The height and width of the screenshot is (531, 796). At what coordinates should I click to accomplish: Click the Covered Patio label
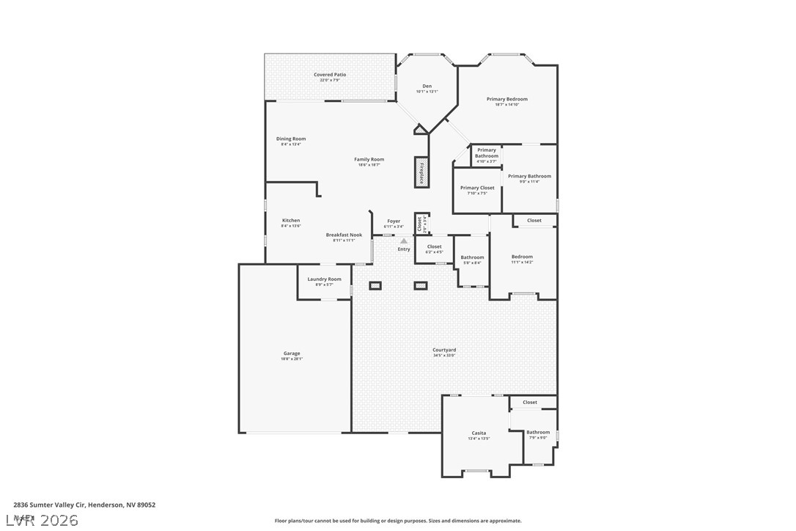tap(330, 75)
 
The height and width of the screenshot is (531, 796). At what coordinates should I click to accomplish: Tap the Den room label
tap(427, 87)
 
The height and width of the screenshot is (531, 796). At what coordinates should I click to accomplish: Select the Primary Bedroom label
tap(506, 99)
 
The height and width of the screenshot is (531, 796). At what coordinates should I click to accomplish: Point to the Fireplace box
tap(421, 172)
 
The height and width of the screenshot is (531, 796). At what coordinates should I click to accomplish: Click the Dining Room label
tap(291, 139)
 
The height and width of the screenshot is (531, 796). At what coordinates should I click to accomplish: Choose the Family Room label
tap(369, 159)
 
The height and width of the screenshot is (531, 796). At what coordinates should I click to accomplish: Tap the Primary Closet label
tap(477, 188)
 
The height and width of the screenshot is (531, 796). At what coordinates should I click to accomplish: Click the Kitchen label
tap(291, 220)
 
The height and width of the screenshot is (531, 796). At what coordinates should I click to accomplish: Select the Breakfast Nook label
tap(344, 235)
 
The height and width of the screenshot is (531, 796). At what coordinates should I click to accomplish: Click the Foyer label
tap(394, 221)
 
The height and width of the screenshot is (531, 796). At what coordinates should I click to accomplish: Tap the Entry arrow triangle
tap(404, 240)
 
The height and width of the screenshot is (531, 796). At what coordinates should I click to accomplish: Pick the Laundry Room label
tap(324, 279)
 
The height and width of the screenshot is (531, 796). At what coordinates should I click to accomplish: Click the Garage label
tap(292, 354)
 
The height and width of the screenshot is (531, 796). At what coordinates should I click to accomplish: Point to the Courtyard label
tap(444, 350)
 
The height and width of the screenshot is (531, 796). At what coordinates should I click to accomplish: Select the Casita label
tap(479, 433)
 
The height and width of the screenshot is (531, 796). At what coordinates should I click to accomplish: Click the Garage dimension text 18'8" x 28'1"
tap(292, 359)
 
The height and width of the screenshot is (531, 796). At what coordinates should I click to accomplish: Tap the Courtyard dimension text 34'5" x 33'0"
tap(444, 356)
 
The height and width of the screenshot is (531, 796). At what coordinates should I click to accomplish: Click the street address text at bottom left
tap(84, 505)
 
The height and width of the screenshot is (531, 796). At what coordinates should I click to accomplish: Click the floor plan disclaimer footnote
tap(398, 521)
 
